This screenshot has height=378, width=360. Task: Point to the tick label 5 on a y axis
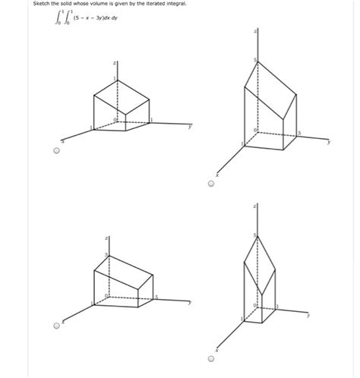(x=156, y=295)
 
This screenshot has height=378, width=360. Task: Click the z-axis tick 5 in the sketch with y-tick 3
(x=255, y=60)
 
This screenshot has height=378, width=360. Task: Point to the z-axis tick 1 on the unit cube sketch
(x=114, y=79)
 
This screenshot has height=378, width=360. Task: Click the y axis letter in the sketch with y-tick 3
(x=328, y=142)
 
